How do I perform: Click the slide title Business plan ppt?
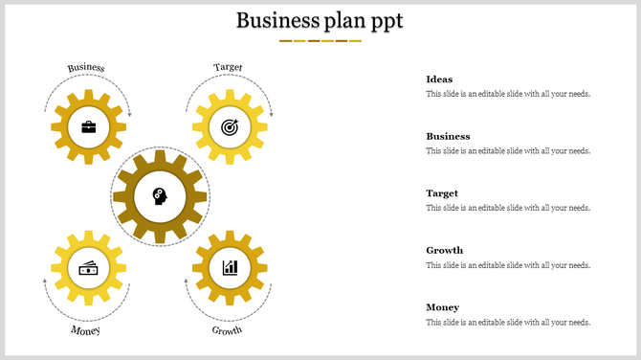[320, 20]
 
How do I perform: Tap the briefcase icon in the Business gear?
[89, 126]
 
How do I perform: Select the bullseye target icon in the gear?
[229, 126]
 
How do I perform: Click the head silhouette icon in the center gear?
[160, 197]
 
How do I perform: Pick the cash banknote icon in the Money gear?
[89, 268]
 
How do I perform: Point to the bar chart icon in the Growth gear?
[230, 267]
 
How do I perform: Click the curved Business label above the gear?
[86, 68]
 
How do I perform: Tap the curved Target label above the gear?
[229, 67]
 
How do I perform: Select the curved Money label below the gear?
[85, 330]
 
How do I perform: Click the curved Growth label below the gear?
[227, 330]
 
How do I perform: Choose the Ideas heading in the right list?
[439, 79]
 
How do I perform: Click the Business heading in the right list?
[448, 136]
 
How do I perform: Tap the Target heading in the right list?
[442, 193]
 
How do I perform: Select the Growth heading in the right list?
[444, 250]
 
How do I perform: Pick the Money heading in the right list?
[442, 307]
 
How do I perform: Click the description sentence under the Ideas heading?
[507, 94]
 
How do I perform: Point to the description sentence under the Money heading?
[507, 322]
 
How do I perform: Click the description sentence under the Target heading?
[507, 208]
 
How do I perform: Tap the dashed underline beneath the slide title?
[320, 41]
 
